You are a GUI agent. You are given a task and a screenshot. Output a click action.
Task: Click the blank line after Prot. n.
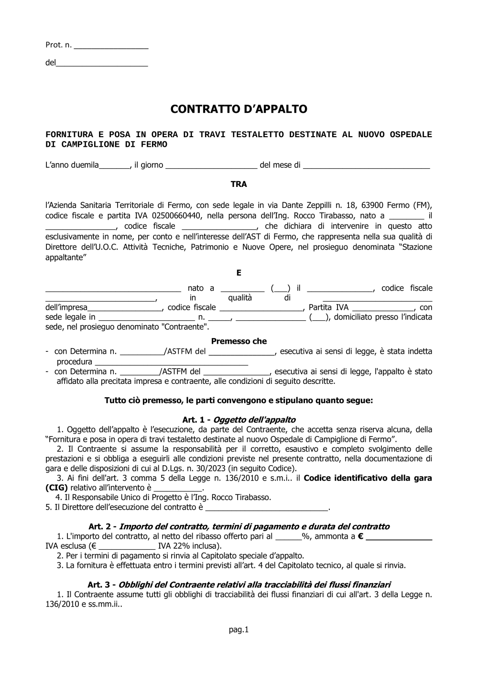(x=111, y=47)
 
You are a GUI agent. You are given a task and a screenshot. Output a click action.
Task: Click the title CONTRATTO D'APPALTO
(x=239, y=109)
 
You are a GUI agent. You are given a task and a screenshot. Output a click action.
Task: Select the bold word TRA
(x=239, y=184)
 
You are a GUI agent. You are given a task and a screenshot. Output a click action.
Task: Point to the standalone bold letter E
(x=239, y=273)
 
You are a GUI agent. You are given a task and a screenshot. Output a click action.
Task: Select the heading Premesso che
(x=239, y=341)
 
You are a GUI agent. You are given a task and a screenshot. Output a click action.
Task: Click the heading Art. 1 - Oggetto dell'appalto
(x=239, y=420)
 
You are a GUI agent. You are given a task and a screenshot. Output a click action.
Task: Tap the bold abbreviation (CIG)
(x=56, y=488)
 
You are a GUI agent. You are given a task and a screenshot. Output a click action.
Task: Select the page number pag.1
(x=239, y=630)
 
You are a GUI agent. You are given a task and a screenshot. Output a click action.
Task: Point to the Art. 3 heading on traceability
(x=239, y=585)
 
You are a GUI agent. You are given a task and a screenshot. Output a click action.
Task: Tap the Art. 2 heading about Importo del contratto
(x=239, y=526)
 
